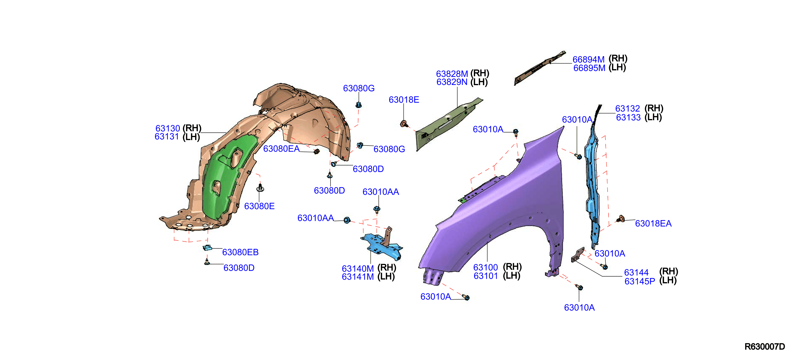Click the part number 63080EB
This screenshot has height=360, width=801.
click(x=240, y=252)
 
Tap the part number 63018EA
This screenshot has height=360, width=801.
click(x=653, y=223)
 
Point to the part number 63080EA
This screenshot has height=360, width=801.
click(x=281, y=149)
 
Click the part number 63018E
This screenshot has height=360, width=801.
click(x=404, y=99)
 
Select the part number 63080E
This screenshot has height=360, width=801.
click(x=259, y=206)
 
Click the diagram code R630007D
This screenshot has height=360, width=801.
click(x=765, y=346)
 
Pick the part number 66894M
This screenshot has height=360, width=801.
click(x=589, y=59)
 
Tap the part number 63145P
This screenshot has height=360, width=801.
click(x=640, y=281)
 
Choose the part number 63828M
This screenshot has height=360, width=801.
click(x=452, y=74)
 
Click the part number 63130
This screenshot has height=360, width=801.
click(x=168, y=128)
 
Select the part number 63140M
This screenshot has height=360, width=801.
click(x=358, y=268)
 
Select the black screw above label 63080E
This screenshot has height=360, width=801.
click(x=260, y=188)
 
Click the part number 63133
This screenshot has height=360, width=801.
click(x=628, y=117)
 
